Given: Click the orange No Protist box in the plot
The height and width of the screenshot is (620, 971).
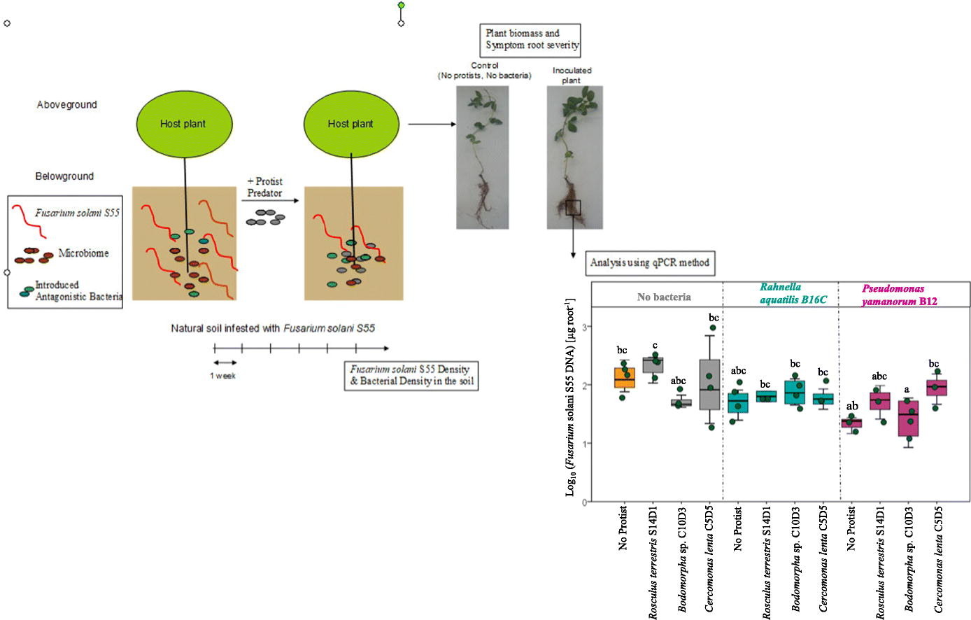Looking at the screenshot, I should coord(625,378).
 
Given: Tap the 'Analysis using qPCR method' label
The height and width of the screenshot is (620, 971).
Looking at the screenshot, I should coord(649,263).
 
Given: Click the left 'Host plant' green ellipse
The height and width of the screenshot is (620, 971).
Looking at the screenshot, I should coord(183,124).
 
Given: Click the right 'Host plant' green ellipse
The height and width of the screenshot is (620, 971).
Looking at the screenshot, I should coord(350,124).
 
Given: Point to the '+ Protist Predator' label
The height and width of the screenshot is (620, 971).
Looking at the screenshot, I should coord(264,188).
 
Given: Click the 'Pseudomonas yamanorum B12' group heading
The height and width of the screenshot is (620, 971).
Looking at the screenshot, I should coord(899,295).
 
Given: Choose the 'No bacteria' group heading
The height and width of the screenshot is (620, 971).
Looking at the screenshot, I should coord(664,297).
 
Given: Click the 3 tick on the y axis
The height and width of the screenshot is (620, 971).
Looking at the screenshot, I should coord(584,327).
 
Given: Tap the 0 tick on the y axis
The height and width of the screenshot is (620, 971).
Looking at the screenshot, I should coord(584,502).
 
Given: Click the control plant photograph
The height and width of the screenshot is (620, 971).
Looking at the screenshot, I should coord(483,157).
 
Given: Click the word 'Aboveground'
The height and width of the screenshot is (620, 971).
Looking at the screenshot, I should coord(67,105).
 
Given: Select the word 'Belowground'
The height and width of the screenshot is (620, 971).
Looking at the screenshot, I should coord(64,176).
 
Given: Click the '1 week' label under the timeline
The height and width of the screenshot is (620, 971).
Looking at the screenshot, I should coord(223,376).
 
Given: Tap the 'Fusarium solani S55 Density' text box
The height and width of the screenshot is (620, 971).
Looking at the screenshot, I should coord(411,375).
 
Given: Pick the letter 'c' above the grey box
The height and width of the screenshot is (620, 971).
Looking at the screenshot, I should coord(655,346).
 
